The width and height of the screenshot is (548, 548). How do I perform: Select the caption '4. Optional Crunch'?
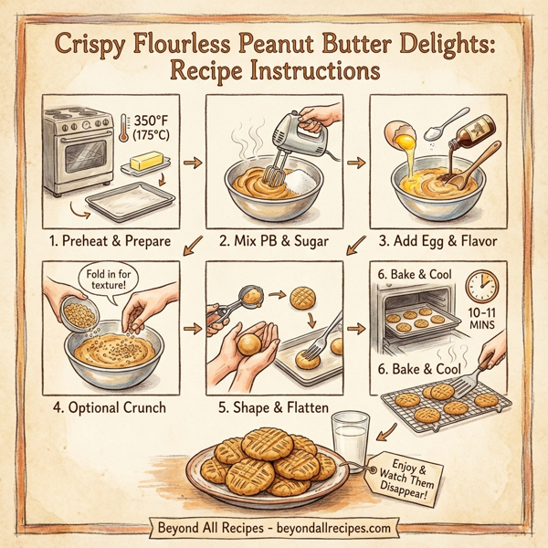coord(109,407)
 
